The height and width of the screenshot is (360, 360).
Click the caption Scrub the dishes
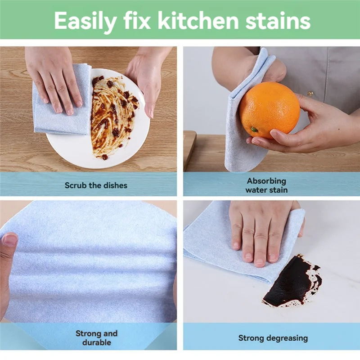(96, 185)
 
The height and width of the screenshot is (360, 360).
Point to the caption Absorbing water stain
(266, 185)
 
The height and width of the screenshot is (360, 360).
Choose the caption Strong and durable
(96, 337)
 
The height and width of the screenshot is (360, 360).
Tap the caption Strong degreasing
(273, 337)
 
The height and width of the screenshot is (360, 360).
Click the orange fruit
(269, 110)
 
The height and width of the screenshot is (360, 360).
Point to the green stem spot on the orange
(254, 130)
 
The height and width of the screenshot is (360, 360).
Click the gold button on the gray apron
(310, 94)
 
